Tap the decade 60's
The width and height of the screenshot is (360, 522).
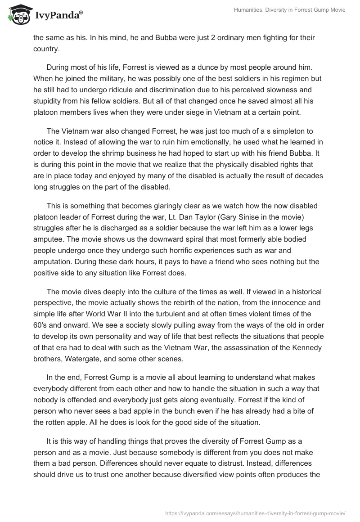tap(41, 325)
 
